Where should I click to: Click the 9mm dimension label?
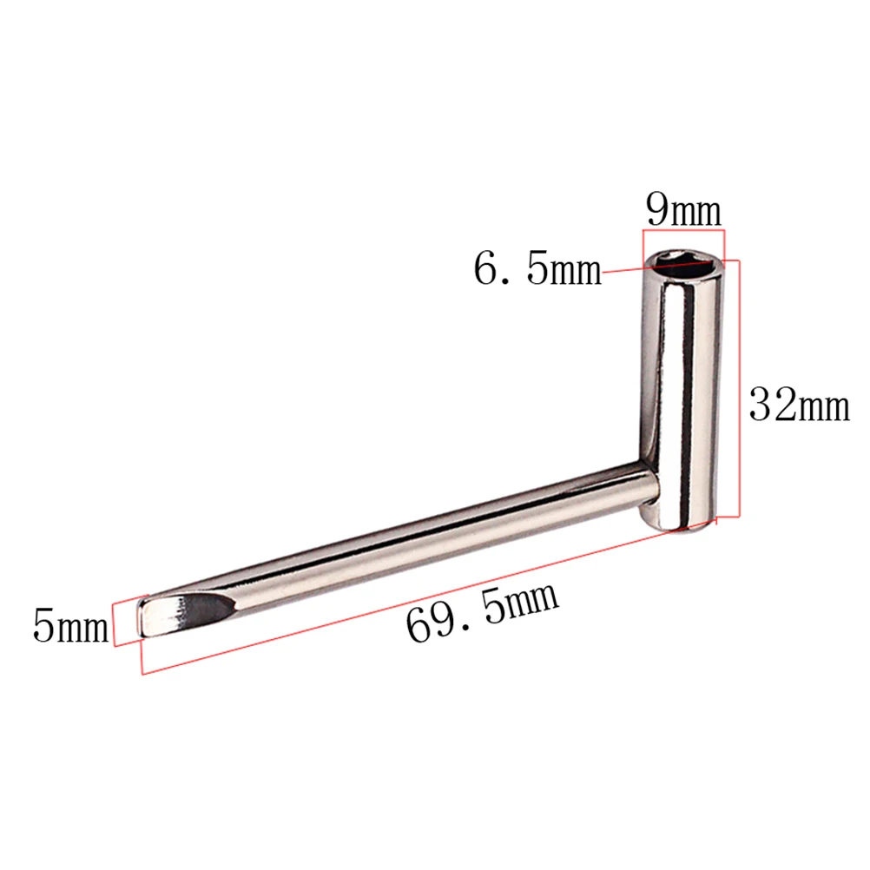tap(683, 211)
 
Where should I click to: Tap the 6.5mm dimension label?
tap(537, 269)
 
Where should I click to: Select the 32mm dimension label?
tap(800, 405)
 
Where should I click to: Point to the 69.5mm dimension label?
tap(483, 613)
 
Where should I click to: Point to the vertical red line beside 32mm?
tap(738, 391)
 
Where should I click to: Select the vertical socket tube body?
tap(683, 391)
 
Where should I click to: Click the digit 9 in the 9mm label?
tap(659, 211)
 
